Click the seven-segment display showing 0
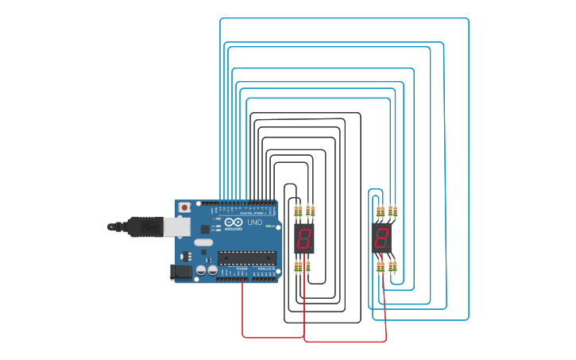[303, 238]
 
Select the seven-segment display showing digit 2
[381, 238]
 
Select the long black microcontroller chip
[247, 256]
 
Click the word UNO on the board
[255, 223]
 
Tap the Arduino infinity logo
[233, 223]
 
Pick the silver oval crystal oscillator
[204, 242]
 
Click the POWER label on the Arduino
[242, 269]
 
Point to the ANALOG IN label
[265, 269]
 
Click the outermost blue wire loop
[468, 159]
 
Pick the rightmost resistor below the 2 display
[393, 267]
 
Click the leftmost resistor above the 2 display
[378, 211]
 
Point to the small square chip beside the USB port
[187, 256]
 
